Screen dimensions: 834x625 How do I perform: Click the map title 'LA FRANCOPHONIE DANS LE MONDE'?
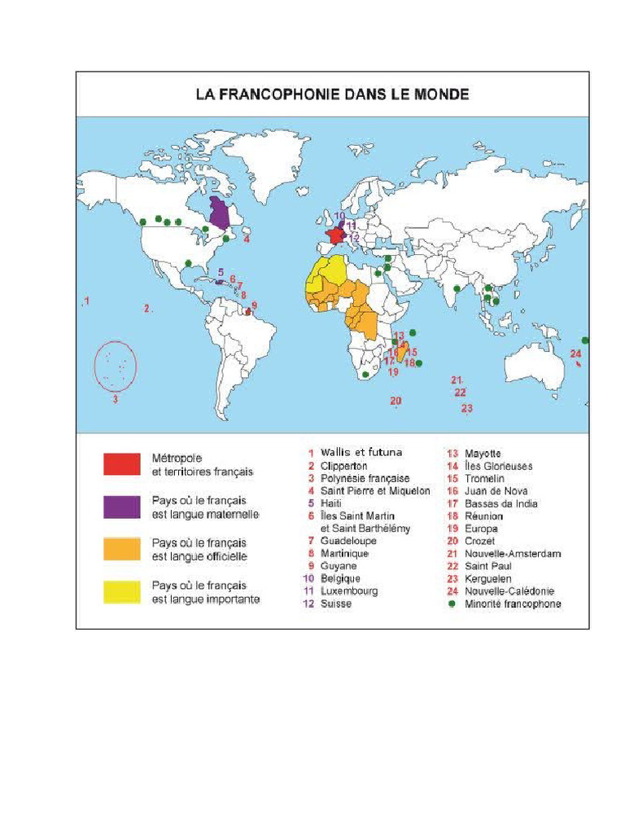pos(332,94)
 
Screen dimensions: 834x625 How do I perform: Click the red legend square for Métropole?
pos(123,464)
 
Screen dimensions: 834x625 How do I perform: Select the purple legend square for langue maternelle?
pos(123,507)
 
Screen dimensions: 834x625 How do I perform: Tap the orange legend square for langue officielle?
pos(123,549)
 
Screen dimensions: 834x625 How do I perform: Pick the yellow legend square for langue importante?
pos(123,592)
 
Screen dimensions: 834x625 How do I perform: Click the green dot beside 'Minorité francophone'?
pos(452,604)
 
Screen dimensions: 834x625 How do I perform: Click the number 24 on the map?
pos(575,353)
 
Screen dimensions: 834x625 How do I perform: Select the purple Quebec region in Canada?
pos(218,213)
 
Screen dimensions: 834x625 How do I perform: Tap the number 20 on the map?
pos(396,400)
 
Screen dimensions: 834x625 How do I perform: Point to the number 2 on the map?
pos(147,308)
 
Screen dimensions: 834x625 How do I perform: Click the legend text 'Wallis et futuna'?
pos(361,452)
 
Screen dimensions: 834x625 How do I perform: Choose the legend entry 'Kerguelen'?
pos(488,579)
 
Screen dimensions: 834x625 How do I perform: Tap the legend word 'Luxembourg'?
pos(349,591)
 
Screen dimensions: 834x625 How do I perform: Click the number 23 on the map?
pos(466,408)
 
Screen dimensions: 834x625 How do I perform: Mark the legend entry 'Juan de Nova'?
pos(496,490)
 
